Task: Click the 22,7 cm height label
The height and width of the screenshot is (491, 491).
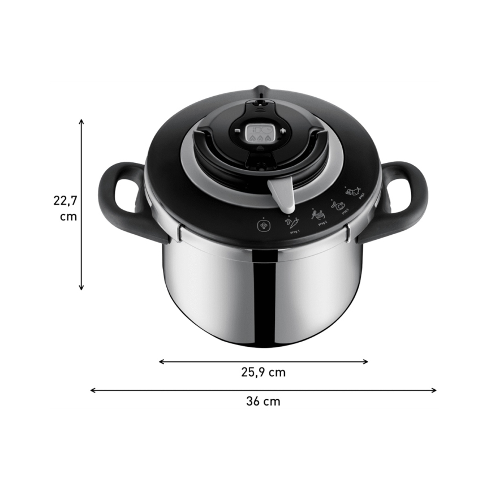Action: pos(65,208)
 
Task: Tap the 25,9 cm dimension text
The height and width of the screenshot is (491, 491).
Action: pos(264,372)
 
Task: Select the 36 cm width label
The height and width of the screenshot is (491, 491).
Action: pos(263,402)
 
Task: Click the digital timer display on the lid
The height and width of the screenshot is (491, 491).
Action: pos(260,134)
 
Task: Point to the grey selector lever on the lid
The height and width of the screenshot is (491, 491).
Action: pos(281,194)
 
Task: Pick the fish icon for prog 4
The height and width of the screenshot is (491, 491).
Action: pos(356,192)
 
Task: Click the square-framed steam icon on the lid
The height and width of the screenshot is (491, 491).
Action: pos(264,224)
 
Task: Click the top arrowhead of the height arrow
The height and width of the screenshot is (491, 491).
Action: pos(81,121)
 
